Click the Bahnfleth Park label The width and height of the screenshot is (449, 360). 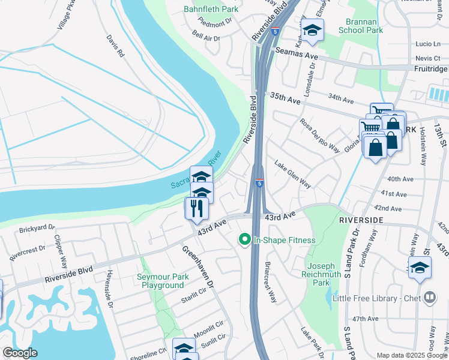point(211,9)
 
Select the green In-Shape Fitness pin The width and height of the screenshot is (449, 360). point(244,240)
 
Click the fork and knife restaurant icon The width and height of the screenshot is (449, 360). point(196,209)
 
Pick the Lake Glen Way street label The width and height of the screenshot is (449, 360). point(292,174)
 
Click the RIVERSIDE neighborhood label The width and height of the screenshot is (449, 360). point(361,220)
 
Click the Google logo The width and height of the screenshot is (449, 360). point(19,353)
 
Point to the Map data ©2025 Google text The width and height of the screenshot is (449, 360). point(411,355)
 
